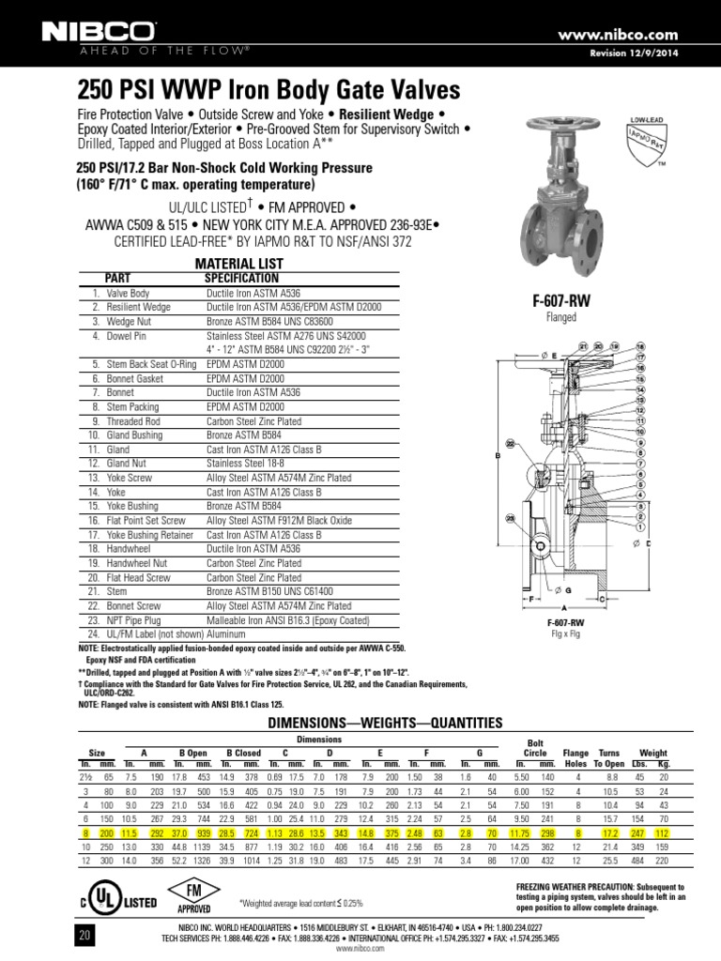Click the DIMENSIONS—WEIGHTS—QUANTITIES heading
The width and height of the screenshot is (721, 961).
385,722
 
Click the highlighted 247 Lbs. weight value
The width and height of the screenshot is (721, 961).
643,831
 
